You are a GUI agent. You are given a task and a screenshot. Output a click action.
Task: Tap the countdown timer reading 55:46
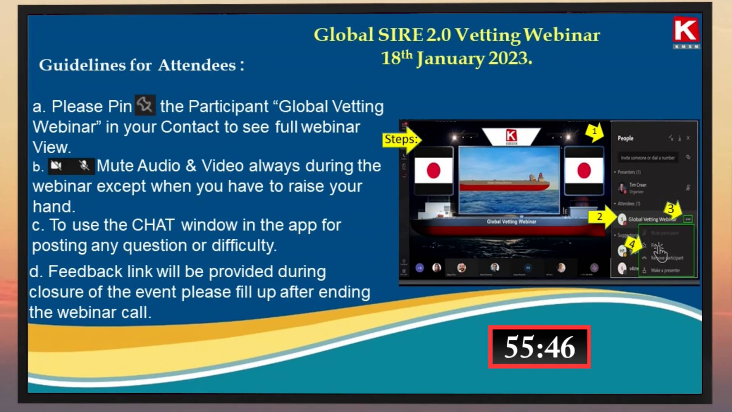pyautogui.click(x=539, y=347)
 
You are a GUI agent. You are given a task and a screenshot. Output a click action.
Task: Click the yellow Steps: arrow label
pyautogui.click(x=400, y=140)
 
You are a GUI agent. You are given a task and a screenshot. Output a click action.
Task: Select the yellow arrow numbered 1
pyautogui.click(x=595, y=132)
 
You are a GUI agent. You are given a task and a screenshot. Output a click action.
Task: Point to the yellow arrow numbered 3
pyautogui.click(x=671, y=209)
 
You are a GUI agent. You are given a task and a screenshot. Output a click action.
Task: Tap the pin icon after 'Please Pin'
pyautogui.click(x=145, y=105)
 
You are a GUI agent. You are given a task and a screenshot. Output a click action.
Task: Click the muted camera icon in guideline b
pyautogui.click(x=56, y=166)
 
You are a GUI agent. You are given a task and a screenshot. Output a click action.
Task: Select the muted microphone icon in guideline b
pyautogui.click(x=84, y=166)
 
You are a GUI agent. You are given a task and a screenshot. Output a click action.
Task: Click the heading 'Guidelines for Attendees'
pyautogui.click(x=141, y=65)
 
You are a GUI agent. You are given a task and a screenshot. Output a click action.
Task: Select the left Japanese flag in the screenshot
pyautogui.click(x=433, y=170)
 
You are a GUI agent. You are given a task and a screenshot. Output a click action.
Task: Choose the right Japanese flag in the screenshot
pyautogui.click(x=584, y=170)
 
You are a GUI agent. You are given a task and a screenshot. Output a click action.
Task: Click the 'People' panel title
pyautogui.click(x=625, y=138)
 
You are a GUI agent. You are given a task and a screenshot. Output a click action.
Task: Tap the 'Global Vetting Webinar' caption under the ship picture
pyautogui.click(x=511, y=222)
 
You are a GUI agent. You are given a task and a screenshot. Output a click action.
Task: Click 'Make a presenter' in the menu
pyautogui.click(x=665, y=270)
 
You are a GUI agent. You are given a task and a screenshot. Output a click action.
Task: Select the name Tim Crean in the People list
pyautogui.click(x=637, y=185)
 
